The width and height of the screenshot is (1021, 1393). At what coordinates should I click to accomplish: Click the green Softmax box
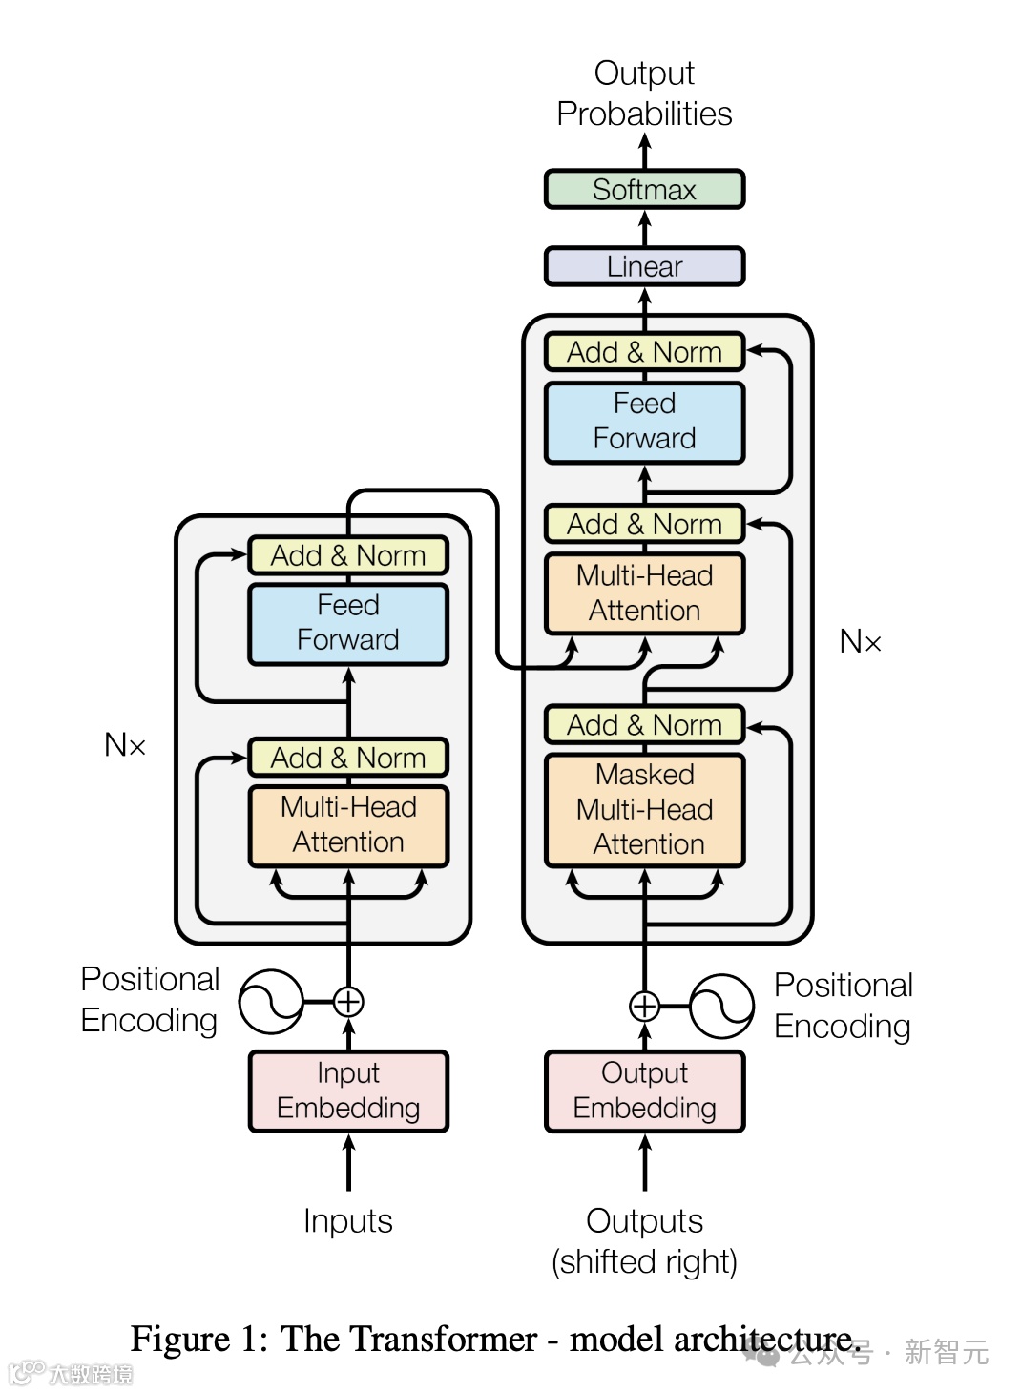click(644, 189)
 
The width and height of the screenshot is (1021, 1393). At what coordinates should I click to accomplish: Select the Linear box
click(644, 266)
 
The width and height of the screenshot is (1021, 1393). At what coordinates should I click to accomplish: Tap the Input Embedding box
click(348, 1092)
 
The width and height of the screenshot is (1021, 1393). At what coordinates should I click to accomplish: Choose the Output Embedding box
click(644, 1092)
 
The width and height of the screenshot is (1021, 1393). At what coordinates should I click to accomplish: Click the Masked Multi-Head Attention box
click(644, 810)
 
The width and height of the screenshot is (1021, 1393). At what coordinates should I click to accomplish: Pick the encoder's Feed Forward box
click(348, 624)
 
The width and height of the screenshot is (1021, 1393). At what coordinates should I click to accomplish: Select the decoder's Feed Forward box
click(644, 423)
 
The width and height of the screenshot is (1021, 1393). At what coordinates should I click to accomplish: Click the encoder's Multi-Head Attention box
click(348, 826)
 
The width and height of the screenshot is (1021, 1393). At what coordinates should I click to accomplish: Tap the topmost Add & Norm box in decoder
click(644, 351)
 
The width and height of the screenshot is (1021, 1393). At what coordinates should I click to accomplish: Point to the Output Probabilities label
click(644, 94)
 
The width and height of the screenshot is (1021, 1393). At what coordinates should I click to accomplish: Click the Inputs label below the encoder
click(348, 1220)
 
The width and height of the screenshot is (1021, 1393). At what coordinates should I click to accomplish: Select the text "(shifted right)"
click(644, 1262)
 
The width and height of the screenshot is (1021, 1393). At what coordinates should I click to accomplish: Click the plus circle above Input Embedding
click(348, 1002)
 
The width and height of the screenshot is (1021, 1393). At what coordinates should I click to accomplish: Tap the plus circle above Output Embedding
click(644, 1006)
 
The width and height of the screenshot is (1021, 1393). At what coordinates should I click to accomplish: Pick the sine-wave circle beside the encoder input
click(271, 1001)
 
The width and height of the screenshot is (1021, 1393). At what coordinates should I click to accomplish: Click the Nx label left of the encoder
click(125, 744)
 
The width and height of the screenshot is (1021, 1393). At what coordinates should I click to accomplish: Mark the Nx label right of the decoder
click(860, 640)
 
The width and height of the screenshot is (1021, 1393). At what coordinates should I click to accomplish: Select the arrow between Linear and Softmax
click(645, 228)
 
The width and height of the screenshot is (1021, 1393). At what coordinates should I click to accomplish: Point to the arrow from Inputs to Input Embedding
click(349, 1162)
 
